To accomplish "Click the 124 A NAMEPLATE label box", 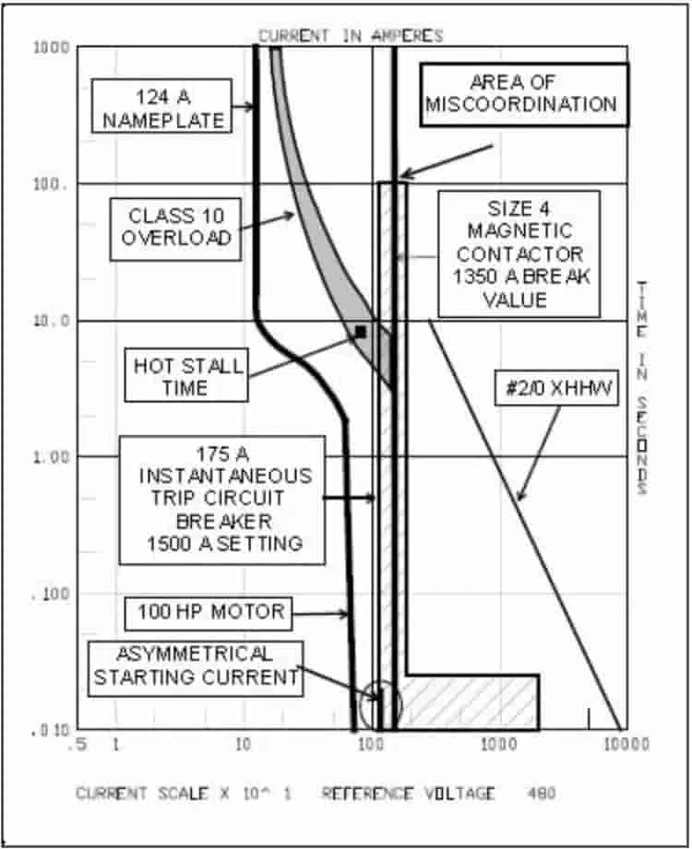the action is pyautogui.click(x=162, y=106).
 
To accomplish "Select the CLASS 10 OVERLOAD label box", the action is pyautogui.click(x=175, y=229).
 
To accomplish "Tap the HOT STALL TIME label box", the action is pyautogui.click(x=186, y=374).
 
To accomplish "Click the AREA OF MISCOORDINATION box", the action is pyautogui.click(x=524, y=95).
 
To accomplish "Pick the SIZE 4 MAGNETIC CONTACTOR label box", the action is pyautogui.click(x=519, y=254).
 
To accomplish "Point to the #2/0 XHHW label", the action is pyautogui.click(x=556, y=388).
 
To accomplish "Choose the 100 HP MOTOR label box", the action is pyautogui.click(x=209, y=613).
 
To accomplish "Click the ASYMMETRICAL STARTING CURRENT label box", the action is pyautogui.click(x=195, y=668).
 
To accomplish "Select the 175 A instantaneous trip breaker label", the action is pyautogui.click(x=222, y=501).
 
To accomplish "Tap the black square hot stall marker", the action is pyautogui.click(x=361, y=331).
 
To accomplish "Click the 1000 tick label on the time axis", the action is pyautogui.click(x=52, y=48).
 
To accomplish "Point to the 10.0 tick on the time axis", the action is pyautogui.click(x=52, y=321).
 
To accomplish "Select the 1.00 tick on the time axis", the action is pyautogui.click(x=52, y=457).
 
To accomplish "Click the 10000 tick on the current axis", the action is pyautogui.click(x=626, y=745).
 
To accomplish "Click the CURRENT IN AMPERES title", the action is pyautogui.click(x=351, y=36).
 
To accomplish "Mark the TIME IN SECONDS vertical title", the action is pyautogui.click(x=641, y=388).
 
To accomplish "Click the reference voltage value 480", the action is pyautogui.click(x=541, y=794).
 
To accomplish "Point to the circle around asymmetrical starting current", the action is pyautogui.click(x=380, y=682).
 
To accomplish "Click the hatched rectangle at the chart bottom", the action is pyautogui.click(x=472, y=702).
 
